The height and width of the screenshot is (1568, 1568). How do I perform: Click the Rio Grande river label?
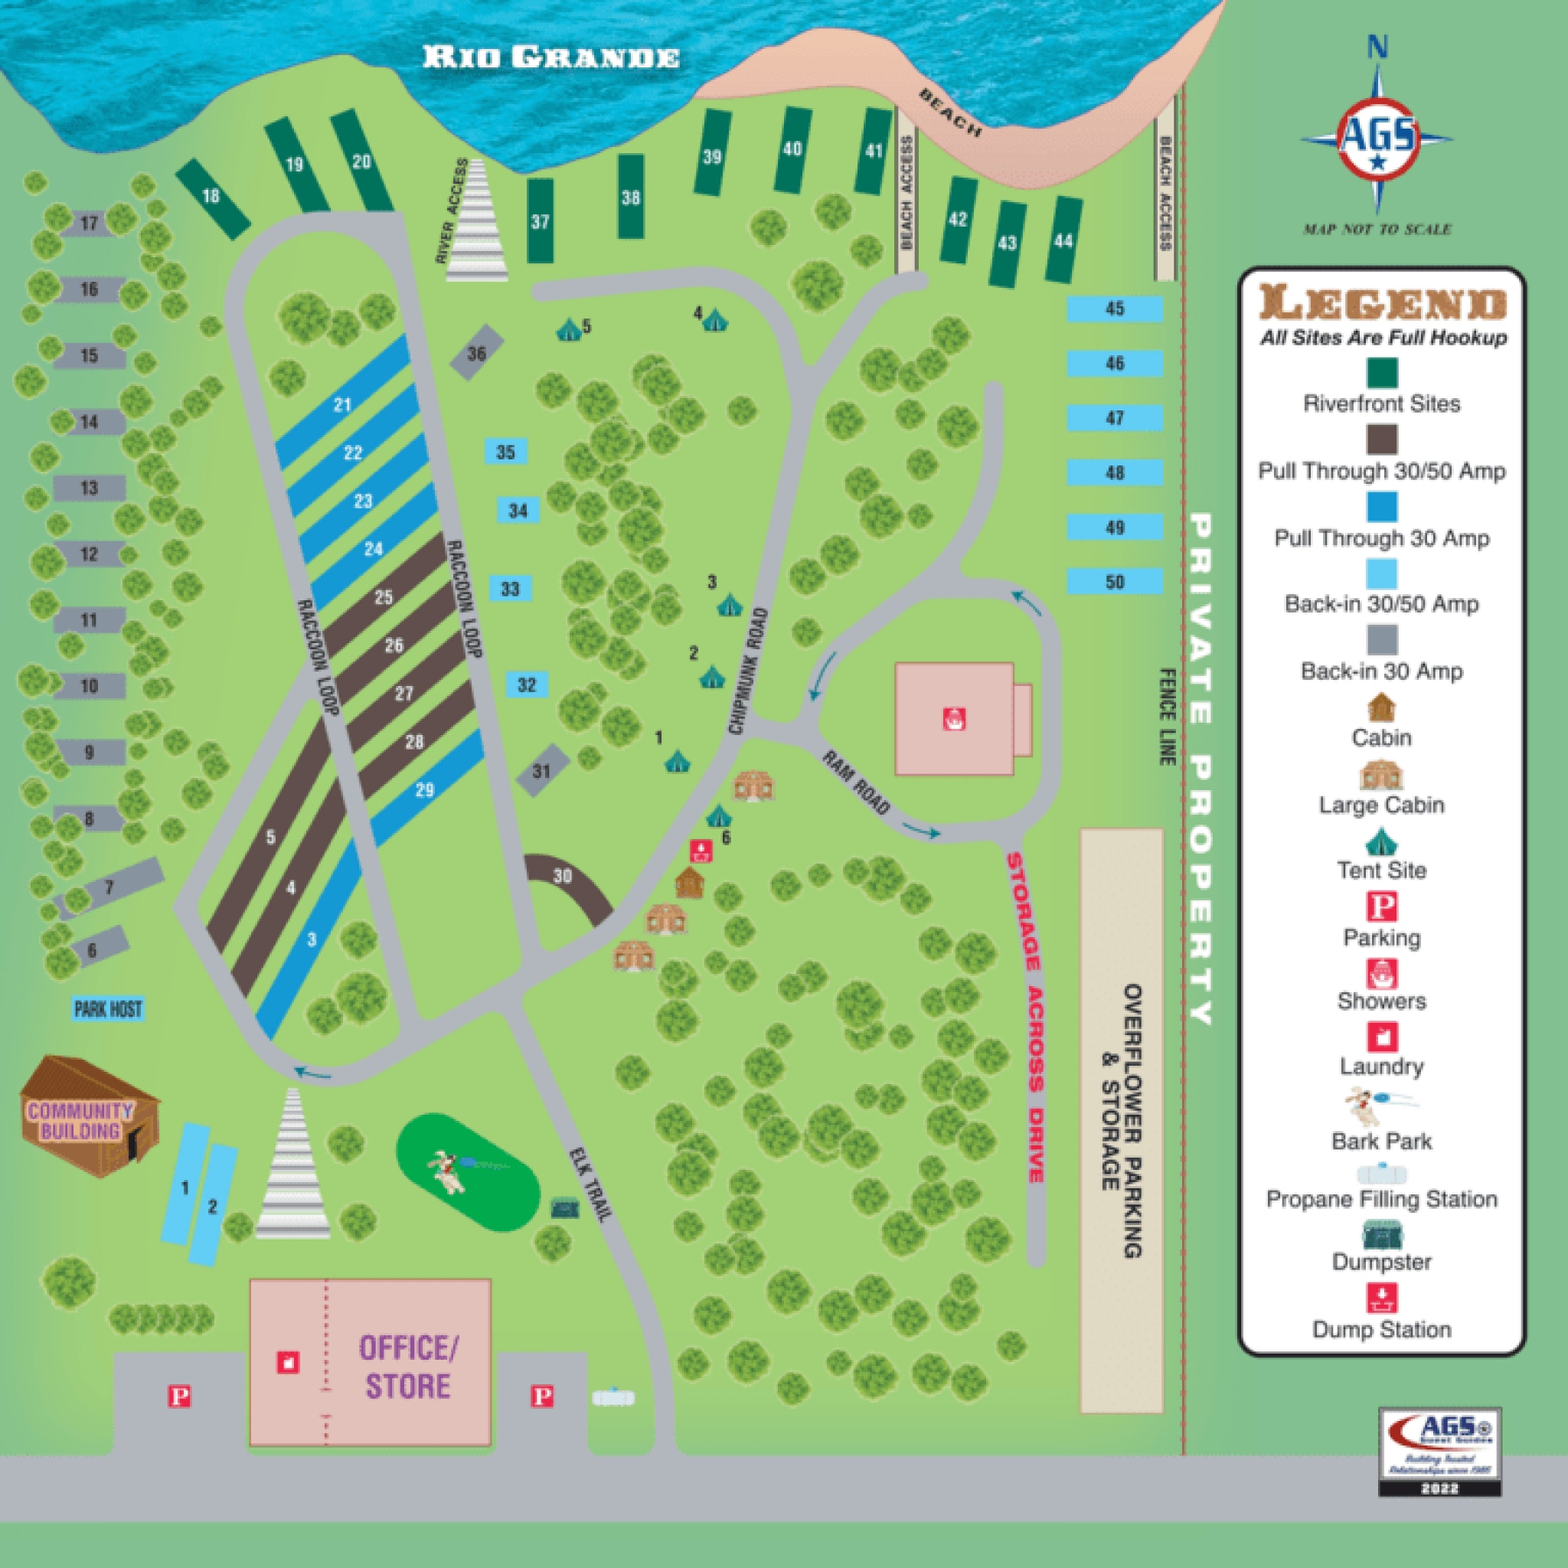tap(550, 57)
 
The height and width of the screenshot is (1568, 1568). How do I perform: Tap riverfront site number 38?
tap(631, 198)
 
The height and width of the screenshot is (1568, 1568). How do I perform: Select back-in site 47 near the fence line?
tap(1113, 417)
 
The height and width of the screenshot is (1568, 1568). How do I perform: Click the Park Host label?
tap(108, 1009)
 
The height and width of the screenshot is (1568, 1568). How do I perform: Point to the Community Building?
tap(81, 1120)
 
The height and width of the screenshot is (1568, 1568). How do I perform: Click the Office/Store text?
tap(408, 1367)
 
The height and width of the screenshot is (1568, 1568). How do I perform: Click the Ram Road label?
tap(857, 782)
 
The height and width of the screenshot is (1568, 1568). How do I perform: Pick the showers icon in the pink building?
tap(954, 718)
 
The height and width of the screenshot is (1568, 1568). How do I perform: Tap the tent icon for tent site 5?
tap(568, 328)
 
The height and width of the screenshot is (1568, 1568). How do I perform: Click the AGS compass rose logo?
tap(1377, 138)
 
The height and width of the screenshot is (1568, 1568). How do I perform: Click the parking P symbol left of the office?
tap(179, 1396)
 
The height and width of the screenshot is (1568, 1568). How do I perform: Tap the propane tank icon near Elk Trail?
tap(613, 1397)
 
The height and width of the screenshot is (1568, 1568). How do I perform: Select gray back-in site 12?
tap(90, 554)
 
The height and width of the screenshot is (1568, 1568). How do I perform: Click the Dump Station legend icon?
tap(1381, 1297)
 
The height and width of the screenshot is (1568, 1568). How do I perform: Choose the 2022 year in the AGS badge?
tap(1440, 1488)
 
